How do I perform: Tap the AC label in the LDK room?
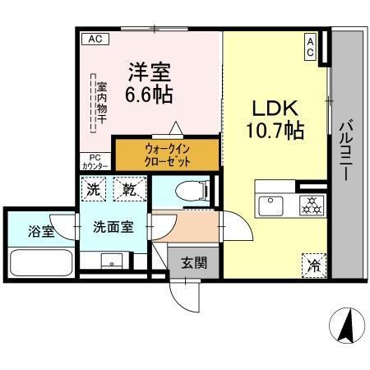[311, 45]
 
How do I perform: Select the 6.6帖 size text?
[148, 95]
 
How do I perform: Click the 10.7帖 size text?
[271, 132]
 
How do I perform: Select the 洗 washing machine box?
[95, 189]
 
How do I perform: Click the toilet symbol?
[187, 190]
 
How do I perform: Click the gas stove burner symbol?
[311, 203]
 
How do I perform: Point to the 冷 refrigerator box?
[313, 264]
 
